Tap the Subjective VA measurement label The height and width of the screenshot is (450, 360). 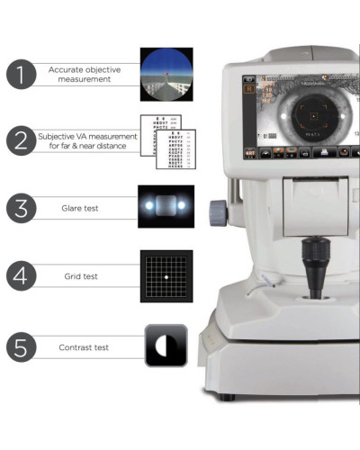[x=88, y=140]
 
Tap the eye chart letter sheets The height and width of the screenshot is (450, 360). [x=166, y=141]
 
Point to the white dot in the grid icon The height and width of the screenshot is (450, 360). [x=166, y=275]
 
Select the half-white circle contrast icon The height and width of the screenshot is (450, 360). [x=166, y=346]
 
